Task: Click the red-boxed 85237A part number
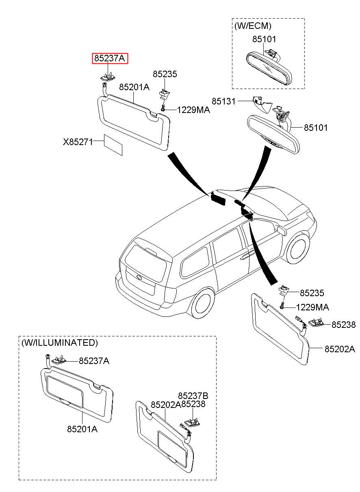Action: pyautogui.click(x=109, y=59)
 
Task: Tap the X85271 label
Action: pyautogui.click(x=78, y=142)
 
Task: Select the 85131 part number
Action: pyautogui.click(x=223, y=101)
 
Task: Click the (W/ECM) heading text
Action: pyautogui.click(x=253, y=26)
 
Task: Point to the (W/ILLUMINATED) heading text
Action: pyautogui.click(x=60, y=342)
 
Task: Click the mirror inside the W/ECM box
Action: pyautogui.click(x=269, y=67)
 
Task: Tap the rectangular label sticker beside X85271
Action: pyautogui.click(x=113, y=145)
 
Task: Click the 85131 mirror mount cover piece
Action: pyautogui.click(x=262, y=104)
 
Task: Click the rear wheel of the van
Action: pyautogui.click(x=202, y=304)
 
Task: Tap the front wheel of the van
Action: pyautogui.click(x=299, y=249)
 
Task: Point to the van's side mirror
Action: pyautogui.click(x=282, y=230)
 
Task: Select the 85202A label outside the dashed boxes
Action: pyautogui.click(x=340, y=349)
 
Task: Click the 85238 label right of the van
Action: pyautogui.click(x=343, y=325)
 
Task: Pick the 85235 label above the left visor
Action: pyautogui.click(x=165, y=74)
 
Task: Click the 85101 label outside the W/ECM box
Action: pyautogui.click(x=316, y=128)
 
